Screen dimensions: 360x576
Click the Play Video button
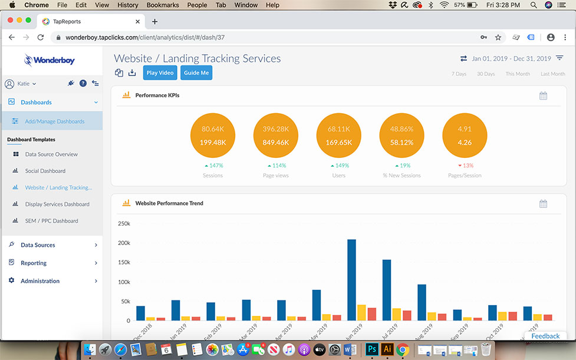click(x=160, y=73)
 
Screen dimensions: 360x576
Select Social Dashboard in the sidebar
click(x=45, y=171)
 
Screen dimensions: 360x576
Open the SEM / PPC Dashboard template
click(x=51, y=221)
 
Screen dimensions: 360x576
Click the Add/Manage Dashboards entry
click(x=54, y=121)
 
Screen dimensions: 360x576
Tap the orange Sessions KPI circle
click(x=212, y=136)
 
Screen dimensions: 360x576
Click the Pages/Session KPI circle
click(x=465, y=136)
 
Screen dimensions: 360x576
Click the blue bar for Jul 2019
click(x=387, y=290)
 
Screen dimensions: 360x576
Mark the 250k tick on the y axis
click(x=124, y=224)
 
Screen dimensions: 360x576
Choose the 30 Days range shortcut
click(x=486, y=74)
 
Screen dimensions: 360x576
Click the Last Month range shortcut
click(x=552, y=74)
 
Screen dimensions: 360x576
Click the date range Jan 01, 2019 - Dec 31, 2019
click(x=511, y=59)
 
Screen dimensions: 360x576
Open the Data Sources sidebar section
click(x=38, y=245)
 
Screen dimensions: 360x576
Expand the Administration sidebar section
click(x=40, y=281)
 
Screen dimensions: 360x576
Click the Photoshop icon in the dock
click(x=371, y=349)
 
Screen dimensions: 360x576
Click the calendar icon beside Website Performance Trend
click(x=543, y=204)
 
